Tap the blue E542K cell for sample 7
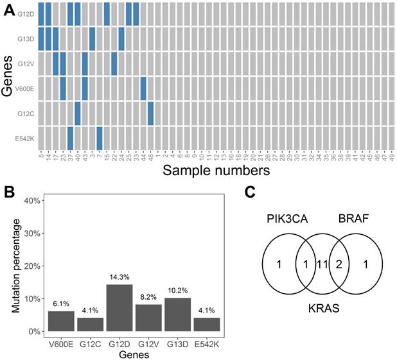[x=100, y=138]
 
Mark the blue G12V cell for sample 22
[x=114, y=63]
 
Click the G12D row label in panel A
[x=26, y=13]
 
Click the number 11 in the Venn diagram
[x=322, y=264]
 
